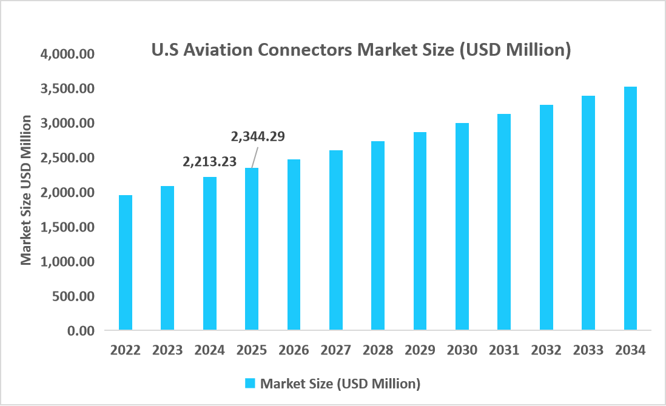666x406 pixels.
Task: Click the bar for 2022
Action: pos(126,262)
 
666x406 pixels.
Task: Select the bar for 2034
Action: pos(630,208)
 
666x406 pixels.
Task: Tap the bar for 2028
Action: pos(378,236)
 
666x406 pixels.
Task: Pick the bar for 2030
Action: pos(462,227)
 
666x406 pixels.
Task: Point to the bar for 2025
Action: pos(252,249)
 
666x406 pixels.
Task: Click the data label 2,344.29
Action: pos(258,136)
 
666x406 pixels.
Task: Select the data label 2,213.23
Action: pos(210,162)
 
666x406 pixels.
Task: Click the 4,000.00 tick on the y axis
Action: pos(67,54)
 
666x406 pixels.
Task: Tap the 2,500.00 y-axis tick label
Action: pos(67,158)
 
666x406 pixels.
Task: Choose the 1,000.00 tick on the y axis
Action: pos(67,262)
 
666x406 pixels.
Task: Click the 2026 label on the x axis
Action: pos(294,350)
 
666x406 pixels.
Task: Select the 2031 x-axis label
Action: pos(504,350)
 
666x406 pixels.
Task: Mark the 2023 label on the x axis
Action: pos(168,350)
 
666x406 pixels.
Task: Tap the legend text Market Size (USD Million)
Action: pos(340,384)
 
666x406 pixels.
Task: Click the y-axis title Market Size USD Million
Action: pos(26,191)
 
